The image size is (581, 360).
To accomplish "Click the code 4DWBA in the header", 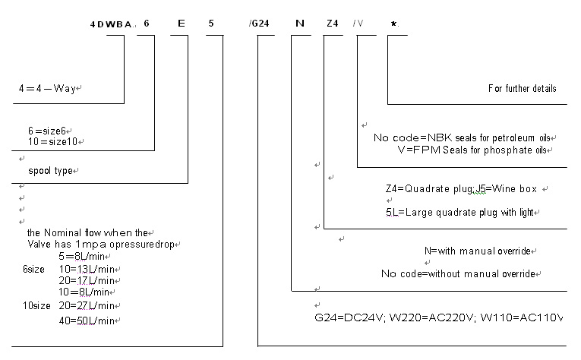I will point(111,24).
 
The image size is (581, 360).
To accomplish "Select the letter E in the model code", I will point(181,24).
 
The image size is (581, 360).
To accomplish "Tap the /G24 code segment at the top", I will point(260,24).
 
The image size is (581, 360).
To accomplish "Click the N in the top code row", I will point(299,24).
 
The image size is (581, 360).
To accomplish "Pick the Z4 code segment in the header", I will point(332,24).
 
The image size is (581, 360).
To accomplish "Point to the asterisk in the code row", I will point(393,24).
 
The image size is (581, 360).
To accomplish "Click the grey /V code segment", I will point(358,24).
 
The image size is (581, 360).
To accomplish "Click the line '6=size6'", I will point(49,131).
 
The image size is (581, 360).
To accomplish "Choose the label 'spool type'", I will point(51,171).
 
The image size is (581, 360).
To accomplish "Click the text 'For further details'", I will point(522,89).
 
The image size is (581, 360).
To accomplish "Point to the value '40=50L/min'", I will point(88,321).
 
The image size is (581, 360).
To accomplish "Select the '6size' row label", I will point(34,270).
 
